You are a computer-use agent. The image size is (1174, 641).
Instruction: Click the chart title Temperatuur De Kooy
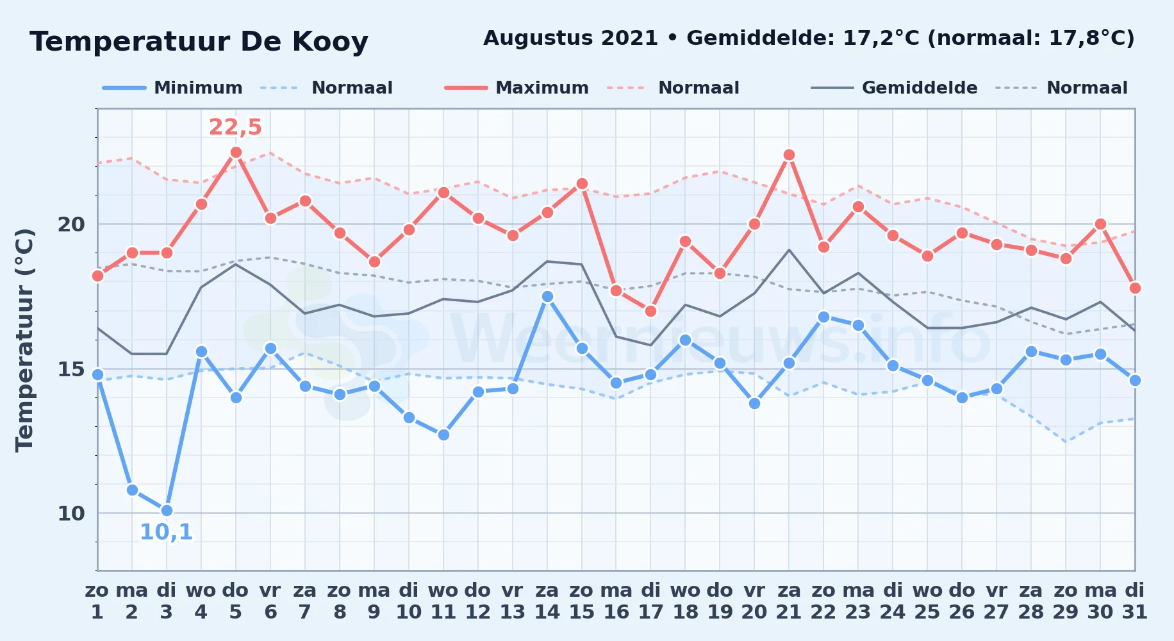(199, 42)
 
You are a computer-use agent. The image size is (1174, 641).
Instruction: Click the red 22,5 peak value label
(235, 128)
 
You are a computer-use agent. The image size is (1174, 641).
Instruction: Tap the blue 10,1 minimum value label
(166, 532)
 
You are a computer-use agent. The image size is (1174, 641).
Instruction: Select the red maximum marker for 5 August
(236, 152)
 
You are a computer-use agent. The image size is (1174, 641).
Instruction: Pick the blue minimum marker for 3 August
(167, 510)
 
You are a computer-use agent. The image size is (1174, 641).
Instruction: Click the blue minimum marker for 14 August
(547, 296)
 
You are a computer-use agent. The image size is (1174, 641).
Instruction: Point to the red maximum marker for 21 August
(789, 154)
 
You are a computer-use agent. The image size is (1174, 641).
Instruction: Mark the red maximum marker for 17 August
(650, 311)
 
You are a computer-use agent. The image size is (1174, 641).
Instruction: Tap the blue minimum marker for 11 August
(443, 435)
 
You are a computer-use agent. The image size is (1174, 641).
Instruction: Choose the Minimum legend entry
(172, 88)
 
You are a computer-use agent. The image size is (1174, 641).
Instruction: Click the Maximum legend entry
(517, 88)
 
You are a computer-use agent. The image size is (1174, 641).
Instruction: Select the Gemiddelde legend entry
(894, 88)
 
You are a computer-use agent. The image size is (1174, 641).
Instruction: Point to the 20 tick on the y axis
(71, 224)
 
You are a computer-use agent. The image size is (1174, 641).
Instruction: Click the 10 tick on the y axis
(71, 513)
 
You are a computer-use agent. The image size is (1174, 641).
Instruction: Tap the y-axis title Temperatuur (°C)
(24, 340)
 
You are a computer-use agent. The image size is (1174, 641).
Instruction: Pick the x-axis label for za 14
(547, 601)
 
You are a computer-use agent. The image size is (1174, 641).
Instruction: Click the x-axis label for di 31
(1135, 601)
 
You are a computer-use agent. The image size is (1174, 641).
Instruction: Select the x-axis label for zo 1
(97, 601)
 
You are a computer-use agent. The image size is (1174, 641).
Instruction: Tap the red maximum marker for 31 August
(1135, 288)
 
